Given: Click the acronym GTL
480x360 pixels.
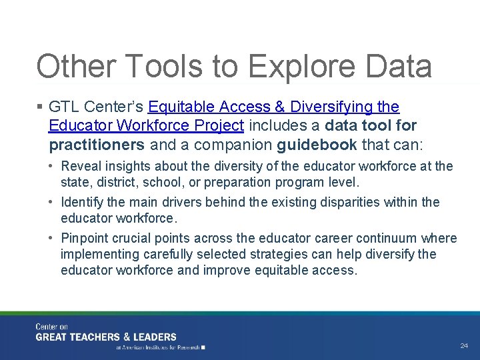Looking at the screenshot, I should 63,107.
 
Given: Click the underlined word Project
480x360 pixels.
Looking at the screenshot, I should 221,125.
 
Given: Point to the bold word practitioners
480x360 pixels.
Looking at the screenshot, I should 96,144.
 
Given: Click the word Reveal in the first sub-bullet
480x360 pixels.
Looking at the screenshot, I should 79,166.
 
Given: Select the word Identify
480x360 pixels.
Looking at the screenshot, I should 81,202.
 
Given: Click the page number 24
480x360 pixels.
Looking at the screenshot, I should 465,345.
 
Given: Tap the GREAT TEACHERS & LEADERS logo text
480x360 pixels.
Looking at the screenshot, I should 106,337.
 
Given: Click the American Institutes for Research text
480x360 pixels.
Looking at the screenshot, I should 159,347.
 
